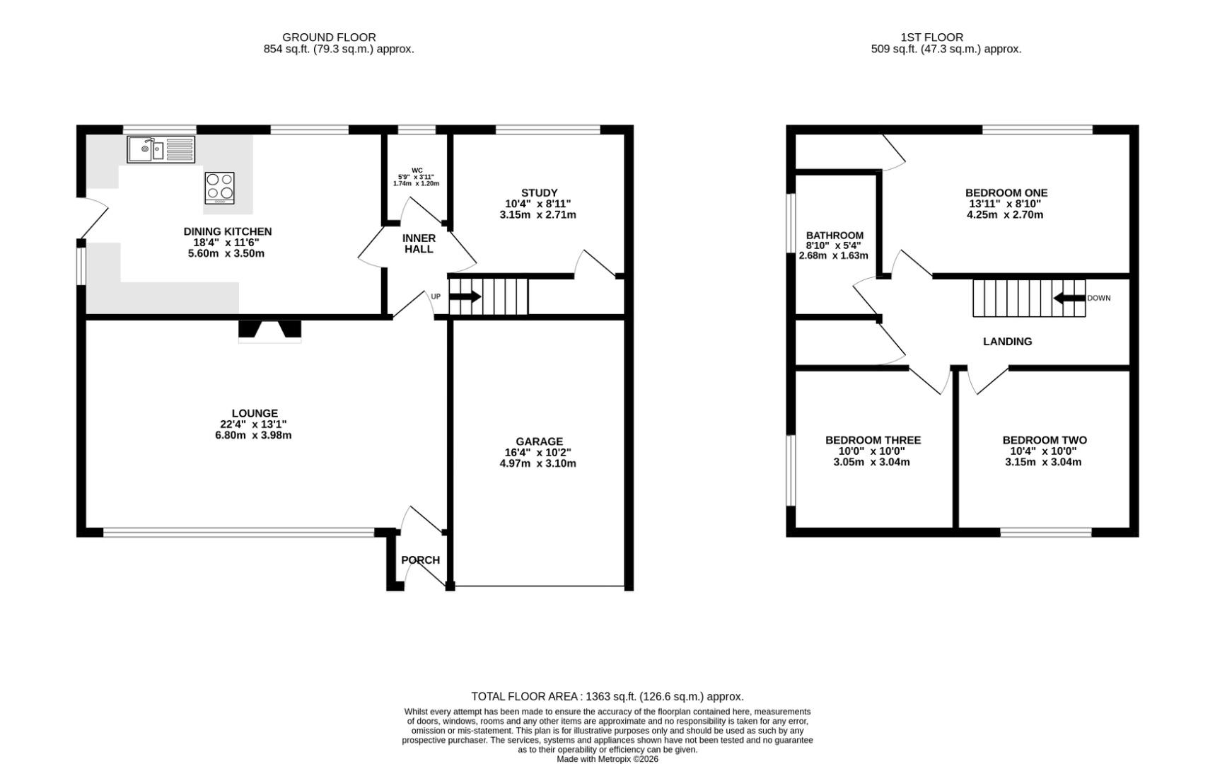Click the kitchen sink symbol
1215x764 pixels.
point(161,149)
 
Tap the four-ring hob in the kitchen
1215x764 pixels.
point(220,188)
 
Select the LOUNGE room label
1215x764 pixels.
point(255,413)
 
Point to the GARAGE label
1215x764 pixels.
point(539,441)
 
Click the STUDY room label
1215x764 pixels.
point(539,192)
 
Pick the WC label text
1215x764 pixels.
point(417,170)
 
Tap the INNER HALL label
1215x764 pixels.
point(419,243)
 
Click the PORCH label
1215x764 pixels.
point(420,560)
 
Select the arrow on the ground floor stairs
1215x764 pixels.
point(465,297)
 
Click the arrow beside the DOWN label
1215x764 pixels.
point(1069,298)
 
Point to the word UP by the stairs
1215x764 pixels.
point(436,296)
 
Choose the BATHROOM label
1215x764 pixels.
point(835,236)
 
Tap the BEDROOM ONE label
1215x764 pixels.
point(1006,192)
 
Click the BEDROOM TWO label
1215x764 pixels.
point(1045,440)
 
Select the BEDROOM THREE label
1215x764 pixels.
point(873,440)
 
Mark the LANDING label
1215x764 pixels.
point(1008,341)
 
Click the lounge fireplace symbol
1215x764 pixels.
point(270,331)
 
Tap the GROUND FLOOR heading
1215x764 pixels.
point(329,37)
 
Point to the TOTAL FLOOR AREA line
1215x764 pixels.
point(607,696)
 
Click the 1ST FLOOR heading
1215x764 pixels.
point(931,37)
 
